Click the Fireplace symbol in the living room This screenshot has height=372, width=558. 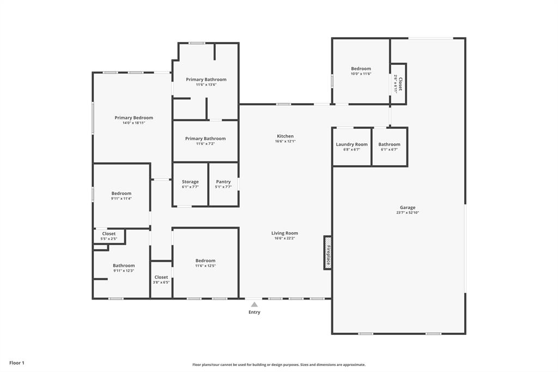pos(327,252)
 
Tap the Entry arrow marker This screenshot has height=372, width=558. pos(254,304)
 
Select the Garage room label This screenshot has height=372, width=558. pos(407,207)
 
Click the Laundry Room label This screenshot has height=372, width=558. pos(351,145)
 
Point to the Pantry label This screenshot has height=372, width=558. pos(223,182)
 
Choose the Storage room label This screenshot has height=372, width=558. pos(190,182)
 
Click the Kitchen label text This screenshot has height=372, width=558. pos(285,136)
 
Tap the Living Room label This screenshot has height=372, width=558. pos(284,233)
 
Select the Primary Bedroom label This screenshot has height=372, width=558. pos(134,118)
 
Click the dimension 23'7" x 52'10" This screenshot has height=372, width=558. pos(407,213)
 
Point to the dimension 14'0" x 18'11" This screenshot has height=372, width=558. pos(134,123)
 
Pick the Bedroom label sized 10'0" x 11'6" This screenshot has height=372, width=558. pos(361,69)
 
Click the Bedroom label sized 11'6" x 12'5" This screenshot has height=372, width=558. pos(205,261)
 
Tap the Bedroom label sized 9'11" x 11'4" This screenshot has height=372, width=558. pos(122,194)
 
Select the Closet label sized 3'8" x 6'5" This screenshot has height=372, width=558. pos(161,277)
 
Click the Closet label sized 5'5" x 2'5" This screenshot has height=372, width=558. pos(109,234)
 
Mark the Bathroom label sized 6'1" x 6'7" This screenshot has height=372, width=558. pos(389,145)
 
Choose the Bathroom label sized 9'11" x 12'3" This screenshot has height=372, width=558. pos(124,266)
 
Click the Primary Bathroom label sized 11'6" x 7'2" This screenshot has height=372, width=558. pos(205,139)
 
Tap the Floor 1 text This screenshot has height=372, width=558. pos(17,363)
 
